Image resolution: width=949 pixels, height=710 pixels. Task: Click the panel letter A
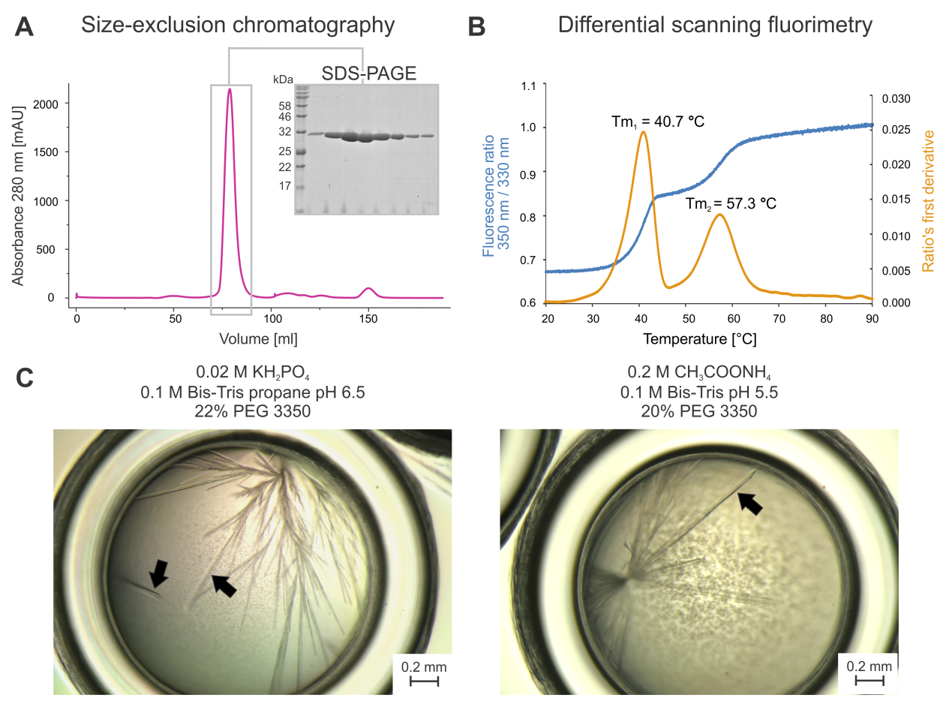(24, 27)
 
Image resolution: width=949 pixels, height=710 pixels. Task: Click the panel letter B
(477, 27)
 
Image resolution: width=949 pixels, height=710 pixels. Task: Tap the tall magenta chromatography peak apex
(230, 89)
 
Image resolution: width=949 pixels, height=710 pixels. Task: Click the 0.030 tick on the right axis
(894, 99)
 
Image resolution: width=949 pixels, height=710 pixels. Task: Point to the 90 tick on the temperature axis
(872, 318)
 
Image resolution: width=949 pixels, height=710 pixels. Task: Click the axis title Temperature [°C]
(699, 339)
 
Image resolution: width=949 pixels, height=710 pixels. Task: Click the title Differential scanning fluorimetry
(715, 26)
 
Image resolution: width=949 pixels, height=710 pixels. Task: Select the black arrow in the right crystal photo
(750, 502)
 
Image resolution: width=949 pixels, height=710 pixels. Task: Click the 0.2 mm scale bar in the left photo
(424, 680)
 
